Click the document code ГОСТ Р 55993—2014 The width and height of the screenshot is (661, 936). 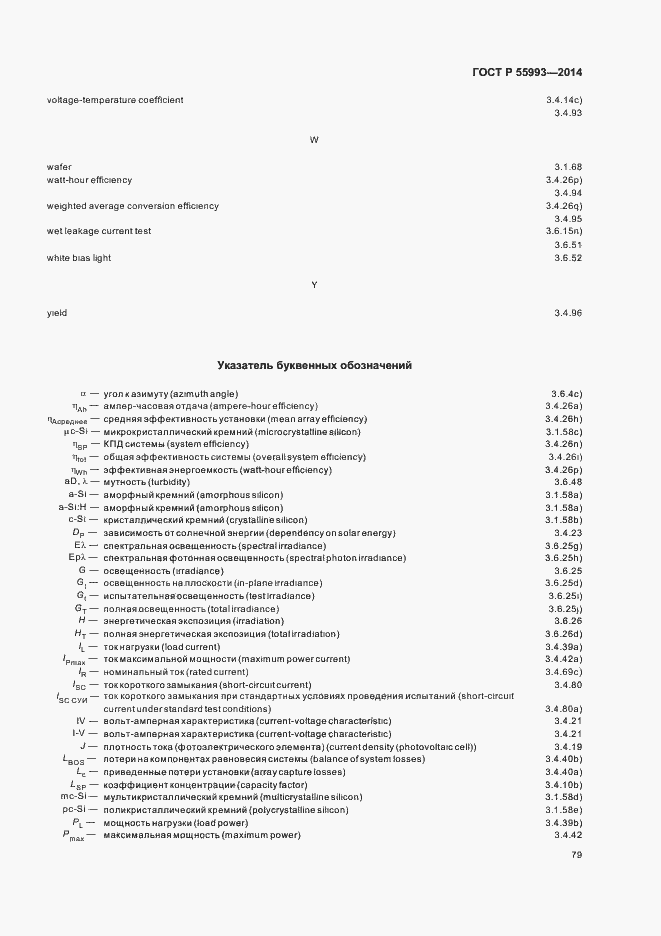[x=525, y=73]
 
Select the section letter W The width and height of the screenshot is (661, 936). [x=314, y=140]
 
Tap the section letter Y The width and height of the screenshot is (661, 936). [x=314, y=286]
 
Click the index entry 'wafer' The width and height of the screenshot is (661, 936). [x=59, y=166]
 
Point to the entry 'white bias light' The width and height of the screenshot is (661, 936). [x=79, y=258]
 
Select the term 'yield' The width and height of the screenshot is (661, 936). [x=57, y=313]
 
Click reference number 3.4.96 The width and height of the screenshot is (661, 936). [x=567, y=313]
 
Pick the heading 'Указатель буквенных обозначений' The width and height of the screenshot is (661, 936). [x=315, y=366]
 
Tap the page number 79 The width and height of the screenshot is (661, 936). [x=575, y=855]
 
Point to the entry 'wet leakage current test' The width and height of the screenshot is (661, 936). [x=99, y=231]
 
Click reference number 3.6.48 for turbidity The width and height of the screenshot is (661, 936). [x=567, y=482]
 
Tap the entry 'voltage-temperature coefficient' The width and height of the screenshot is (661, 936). [x=115, y=100]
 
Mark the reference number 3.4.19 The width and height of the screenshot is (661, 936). [x=567, y=746]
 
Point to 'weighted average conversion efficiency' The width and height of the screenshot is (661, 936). [x=133, y=206]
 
